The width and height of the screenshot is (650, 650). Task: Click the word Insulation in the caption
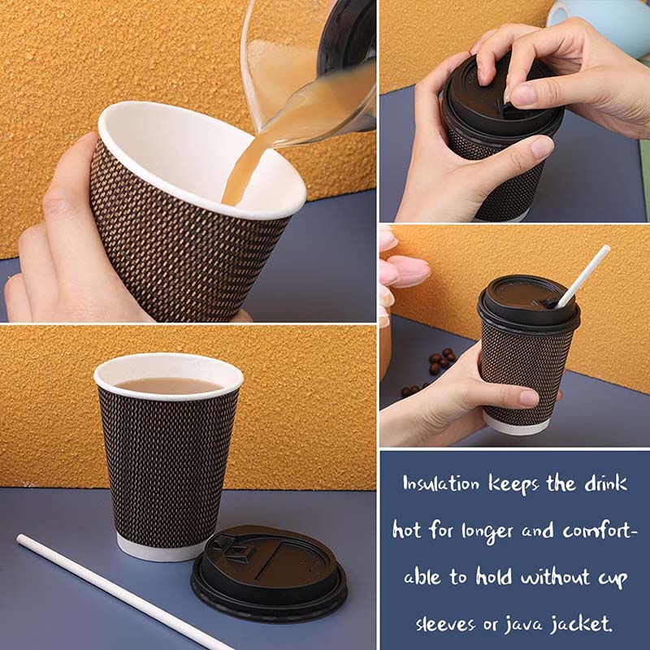point(440,483)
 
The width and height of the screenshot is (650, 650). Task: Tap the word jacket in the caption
point(581,623)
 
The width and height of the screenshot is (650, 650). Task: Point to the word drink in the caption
point(605,483)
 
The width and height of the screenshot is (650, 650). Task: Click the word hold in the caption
point(493,576)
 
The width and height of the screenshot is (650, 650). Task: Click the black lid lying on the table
point(269,573)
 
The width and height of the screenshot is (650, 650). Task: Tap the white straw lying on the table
point(120,594)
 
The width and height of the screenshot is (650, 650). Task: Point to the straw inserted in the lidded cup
point(583,276)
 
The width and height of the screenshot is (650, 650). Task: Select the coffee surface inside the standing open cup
point(168,385)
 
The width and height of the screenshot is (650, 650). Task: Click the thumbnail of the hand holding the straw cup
point(530,397)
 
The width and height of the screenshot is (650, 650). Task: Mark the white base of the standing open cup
point(159,549)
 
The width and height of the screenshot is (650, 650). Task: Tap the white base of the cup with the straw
point(516,424)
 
